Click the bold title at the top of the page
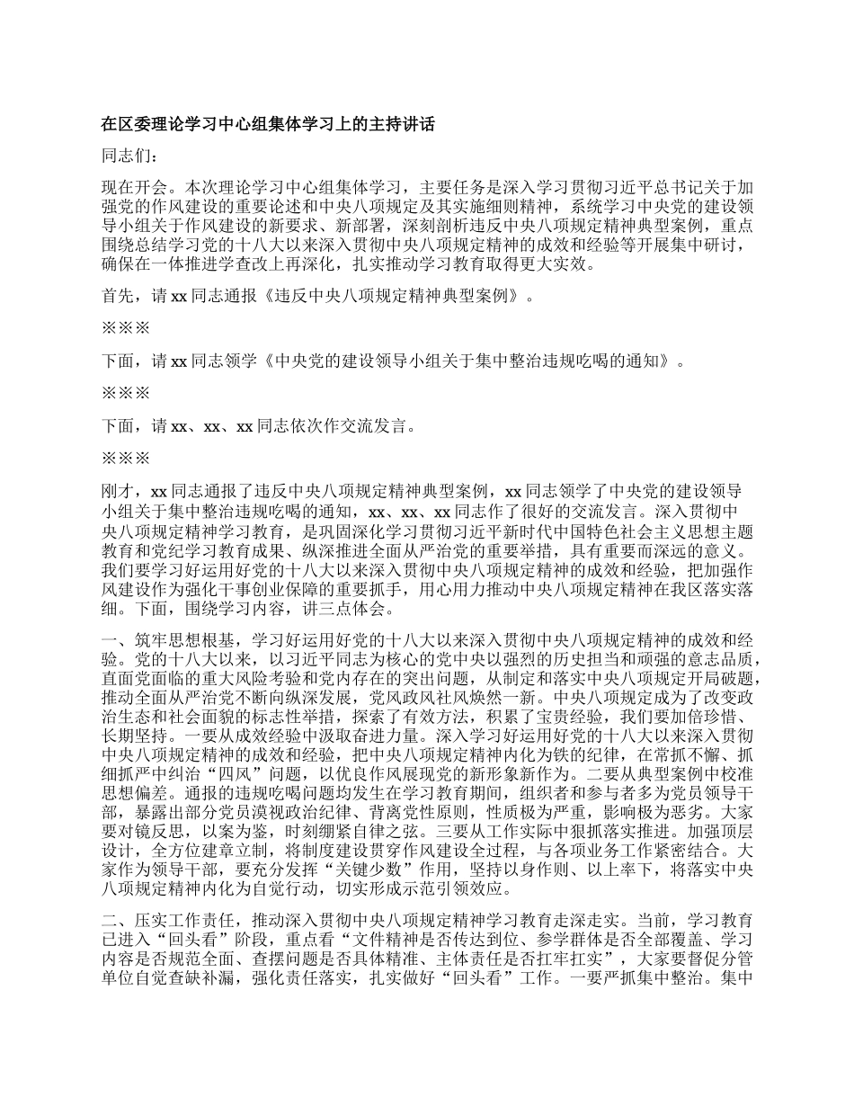[268, 123]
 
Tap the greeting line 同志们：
[129, 156]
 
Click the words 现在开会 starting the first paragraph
[132, 189]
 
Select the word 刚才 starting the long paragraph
[118, 491]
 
